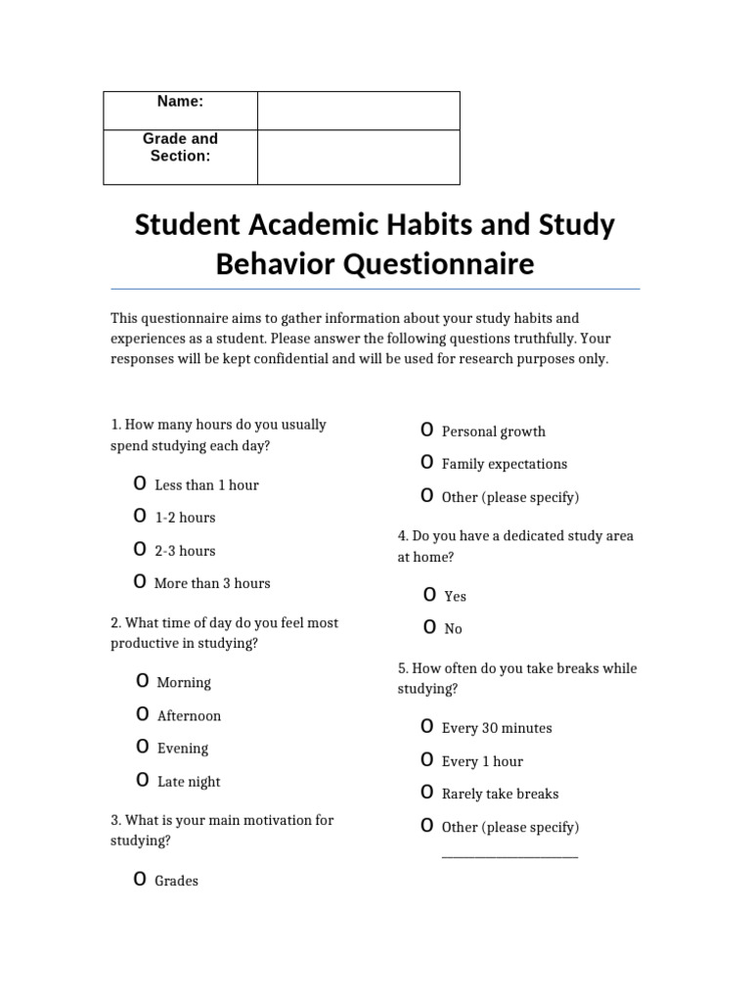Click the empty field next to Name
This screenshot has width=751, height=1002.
point(358,111)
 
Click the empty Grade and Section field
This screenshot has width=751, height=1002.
point(358,157)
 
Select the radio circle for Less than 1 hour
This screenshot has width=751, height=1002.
point(140,484)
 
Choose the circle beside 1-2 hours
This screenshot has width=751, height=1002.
point(140,517)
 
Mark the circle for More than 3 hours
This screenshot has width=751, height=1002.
point(140,582)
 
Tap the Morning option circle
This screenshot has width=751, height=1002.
point(143,681)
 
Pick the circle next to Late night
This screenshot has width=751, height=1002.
point(143,781)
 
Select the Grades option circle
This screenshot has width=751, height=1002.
point(140,880)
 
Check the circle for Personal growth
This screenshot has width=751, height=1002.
point(427,431)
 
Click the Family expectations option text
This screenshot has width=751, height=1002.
point(504,464)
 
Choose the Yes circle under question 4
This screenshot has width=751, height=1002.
point(429,595)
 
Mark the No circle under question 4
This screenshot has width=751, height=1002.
point(429,627)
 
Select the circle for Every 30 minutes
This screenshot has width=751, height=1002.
point(427,727)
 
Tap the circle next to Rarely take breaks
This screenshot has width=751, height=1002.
point(427,793)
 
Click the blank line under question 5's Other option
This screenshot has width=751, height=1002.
point(509,856)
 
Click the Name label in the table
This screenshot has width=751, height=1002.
point(180,102)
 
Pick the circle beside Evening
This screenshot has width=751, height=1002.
point(143,748)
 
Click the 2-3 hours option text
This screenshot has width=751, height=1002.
point(185,551)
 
